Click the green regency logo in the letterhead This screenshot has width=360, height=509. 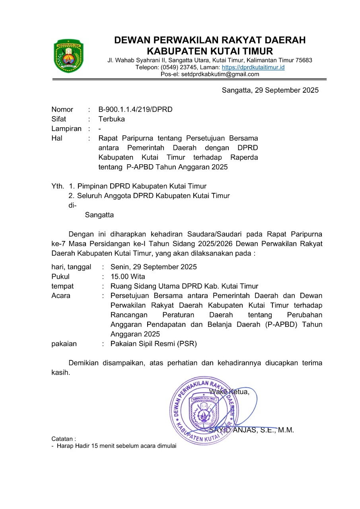68,56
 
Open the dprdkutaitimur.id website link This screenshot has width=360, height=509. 253,67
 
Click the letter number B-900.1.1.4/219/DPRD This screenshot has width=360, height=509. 135,109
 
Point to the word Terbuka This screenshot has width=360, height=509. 111,119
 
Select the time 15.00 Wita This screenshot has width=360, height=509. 128,276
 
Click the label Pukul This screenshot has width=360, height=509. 60,276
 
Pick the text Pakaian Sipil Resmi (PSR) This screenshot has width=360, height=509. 154,344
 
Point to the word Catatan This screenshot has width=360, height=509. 62,439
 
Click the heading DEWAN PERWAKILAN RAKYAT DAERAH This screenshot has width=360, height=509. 210,40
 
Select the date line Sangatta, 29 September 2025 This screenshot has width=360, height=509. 270,90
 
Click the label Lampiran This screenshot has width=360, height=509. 66,128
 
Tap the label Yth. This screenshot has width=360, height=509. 57,186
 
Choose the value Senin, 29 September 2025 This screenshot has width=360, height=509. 154,267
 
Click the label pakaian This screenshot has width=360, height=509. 64,344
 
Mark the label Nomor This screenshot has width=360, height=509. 62,109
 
